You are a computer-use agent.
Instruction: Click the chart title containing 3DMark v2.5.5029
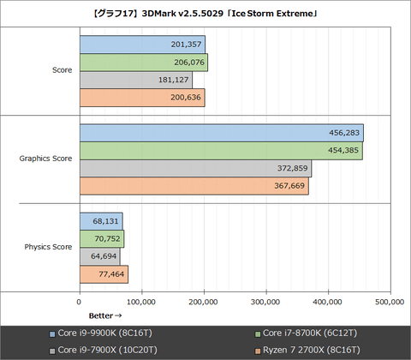point(205,12)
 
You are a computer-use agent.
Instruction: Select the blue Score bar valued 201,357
point(142,45)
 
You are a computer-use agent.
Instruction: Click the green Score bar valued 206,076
point(143,63)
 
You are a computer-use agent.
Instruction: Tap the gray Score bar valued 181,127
point(135,80)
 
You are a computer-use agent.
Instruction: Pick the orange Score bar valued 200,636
point(141,98)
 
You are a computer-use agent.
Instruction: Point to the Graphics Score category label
point(45,159)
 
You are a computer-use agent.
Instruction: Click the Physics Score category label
point(48,247)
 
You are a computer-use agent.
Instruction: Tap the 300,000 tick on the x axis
point(266,302)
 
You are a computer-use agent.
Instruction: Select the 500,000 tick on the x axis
point(390,302)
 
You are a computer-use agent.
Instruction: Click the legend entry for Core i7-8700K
point(309,333)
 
